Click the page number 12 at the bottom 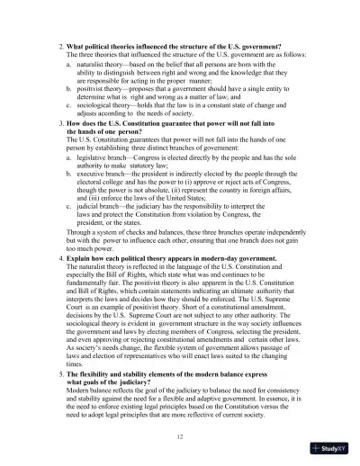[181, 434]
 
